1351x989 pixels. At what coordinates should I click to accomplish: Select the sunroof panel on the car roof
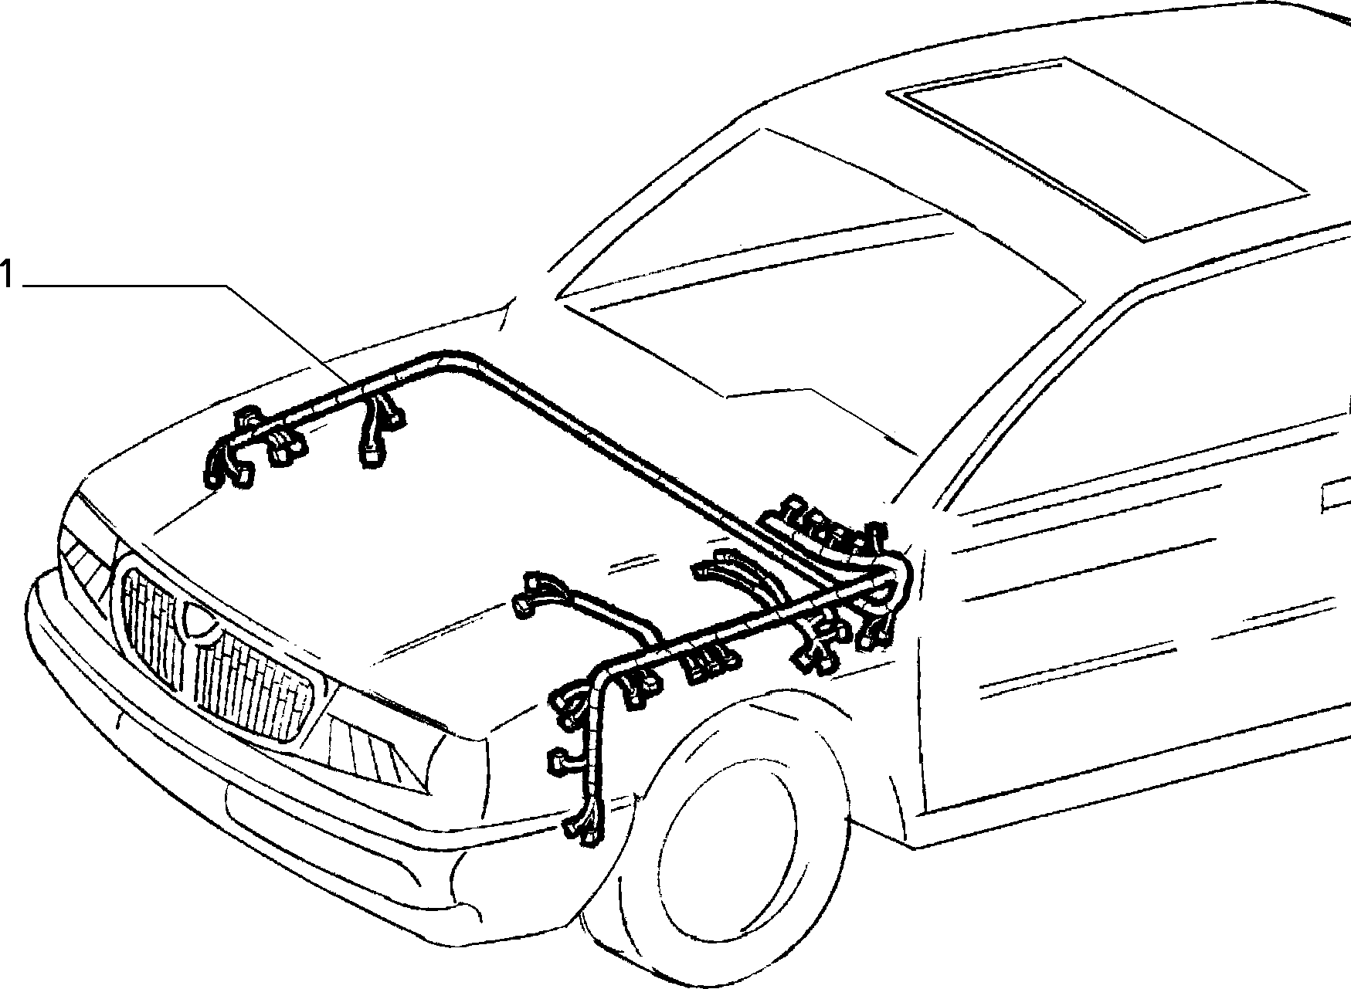pos(1097,147)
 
